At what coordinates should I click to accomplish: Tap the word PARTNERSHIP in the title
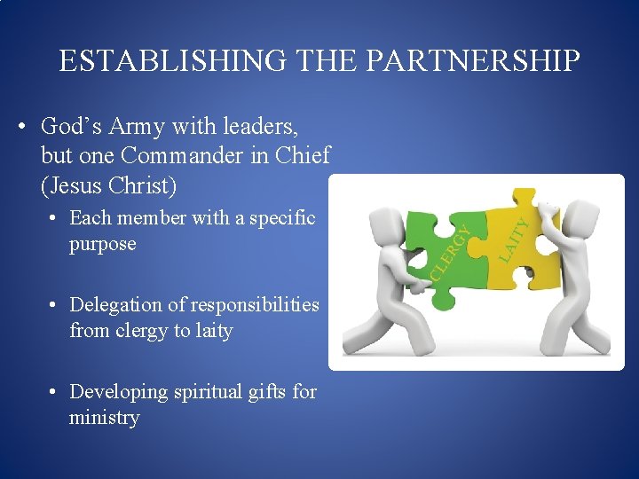472,61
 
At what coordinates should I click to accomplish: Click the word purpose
103,244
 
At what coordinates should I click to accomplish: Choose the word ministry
105,418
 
